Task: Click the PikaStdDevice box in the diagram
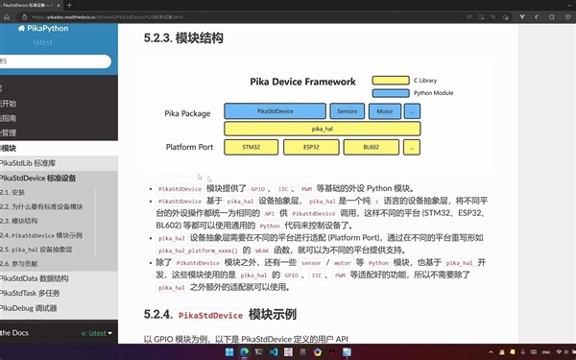click(276, 111)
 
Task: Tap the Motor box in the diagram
click(385, 111)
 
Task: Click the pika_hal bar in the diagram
click(322, 129)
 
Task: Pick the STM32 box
click(251, 148)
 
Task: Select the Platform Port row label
click(189, 148)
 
